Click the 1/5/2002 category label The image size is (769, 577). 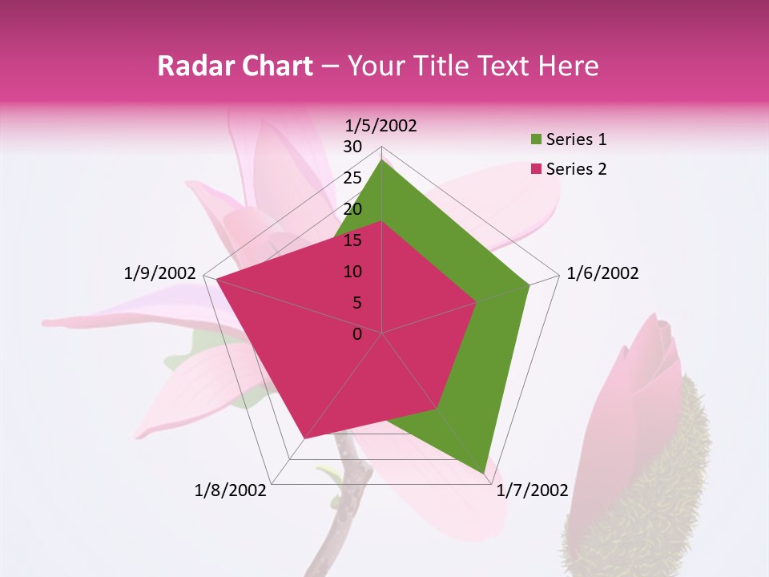pyautogui.click(x=381, y=126)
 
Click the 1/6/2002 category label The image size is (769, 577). pyautogui.click(x=602, y=273)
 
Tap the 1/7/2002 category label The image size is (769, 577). pyautogui.click(x=532, y=490)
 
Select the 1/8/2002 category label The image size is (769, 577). pyautogui.click(x=231, y=490)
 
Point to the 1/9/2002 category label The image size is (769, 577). pyautogui.click(x=160, y=273)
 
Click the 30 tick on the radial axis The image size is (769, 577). pyautogui.click(x=352, y=147)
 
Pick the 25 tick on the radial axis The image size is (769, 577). pyautogui.click(x=352, y=178)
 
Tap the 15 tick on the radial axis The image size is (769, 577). pyautogui.click(x=352, y=240)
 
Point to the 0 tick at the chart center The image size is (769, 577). pyautogui.click(x=357, y=334)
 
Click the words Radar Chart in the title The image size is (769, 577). pyautogui.click(x=235, y=66)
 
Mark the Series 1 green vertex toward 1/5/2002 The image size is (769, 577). pyautogui.click(x=382, y=160)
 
